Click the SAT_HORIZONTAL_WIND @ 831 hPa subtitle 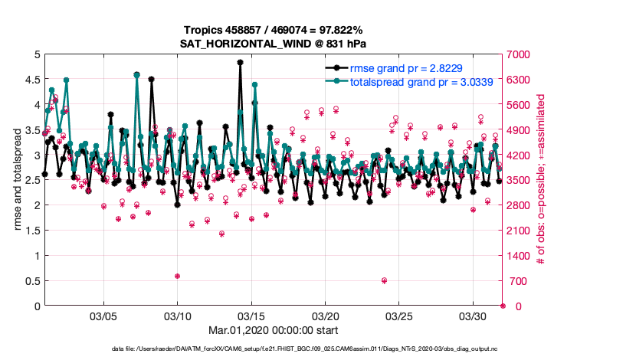click(273, 43)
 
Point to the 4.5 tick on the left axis click(31, 80)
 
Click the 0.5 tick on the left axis click(31, 281)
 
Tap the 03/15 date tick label click(251, 316)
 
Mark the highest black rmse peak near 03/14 click(240, 63)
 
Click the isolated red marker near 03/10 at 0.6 click(177, 276)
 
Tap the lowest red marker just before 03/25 click(384, 280)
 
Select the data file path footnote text click(273, 349)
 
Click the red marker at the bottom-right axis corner click(503, 306)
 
